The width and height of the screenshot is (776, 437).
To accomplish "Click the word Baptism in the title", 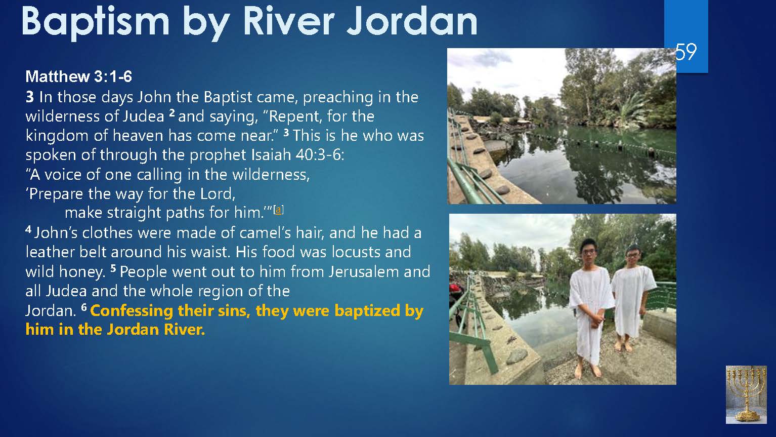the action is (96, 21).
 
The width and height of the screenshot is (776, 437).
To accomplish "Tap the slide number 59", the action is (686, 52).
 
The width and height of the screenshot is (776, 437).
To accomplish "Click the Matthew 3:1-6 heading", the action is (78, 76).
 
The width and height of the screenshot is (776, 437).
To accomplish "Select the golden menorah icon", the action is (746, 394).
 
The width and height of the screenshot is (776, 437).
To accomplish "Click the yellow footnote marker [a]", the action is (279, 210).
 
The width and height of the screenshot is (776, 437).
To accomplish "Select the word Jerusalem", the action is (364, 271).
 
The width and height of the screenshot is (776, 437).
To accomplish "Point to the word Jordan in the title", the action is (412, 21).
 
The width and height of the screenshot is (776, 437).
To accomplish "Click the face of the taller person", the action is (589, 253).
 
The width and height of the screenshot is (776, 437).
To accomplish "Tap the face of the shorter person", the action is (633, 256).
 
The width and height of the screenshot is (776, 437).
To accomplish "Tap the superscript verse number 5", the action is (113, 268).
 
